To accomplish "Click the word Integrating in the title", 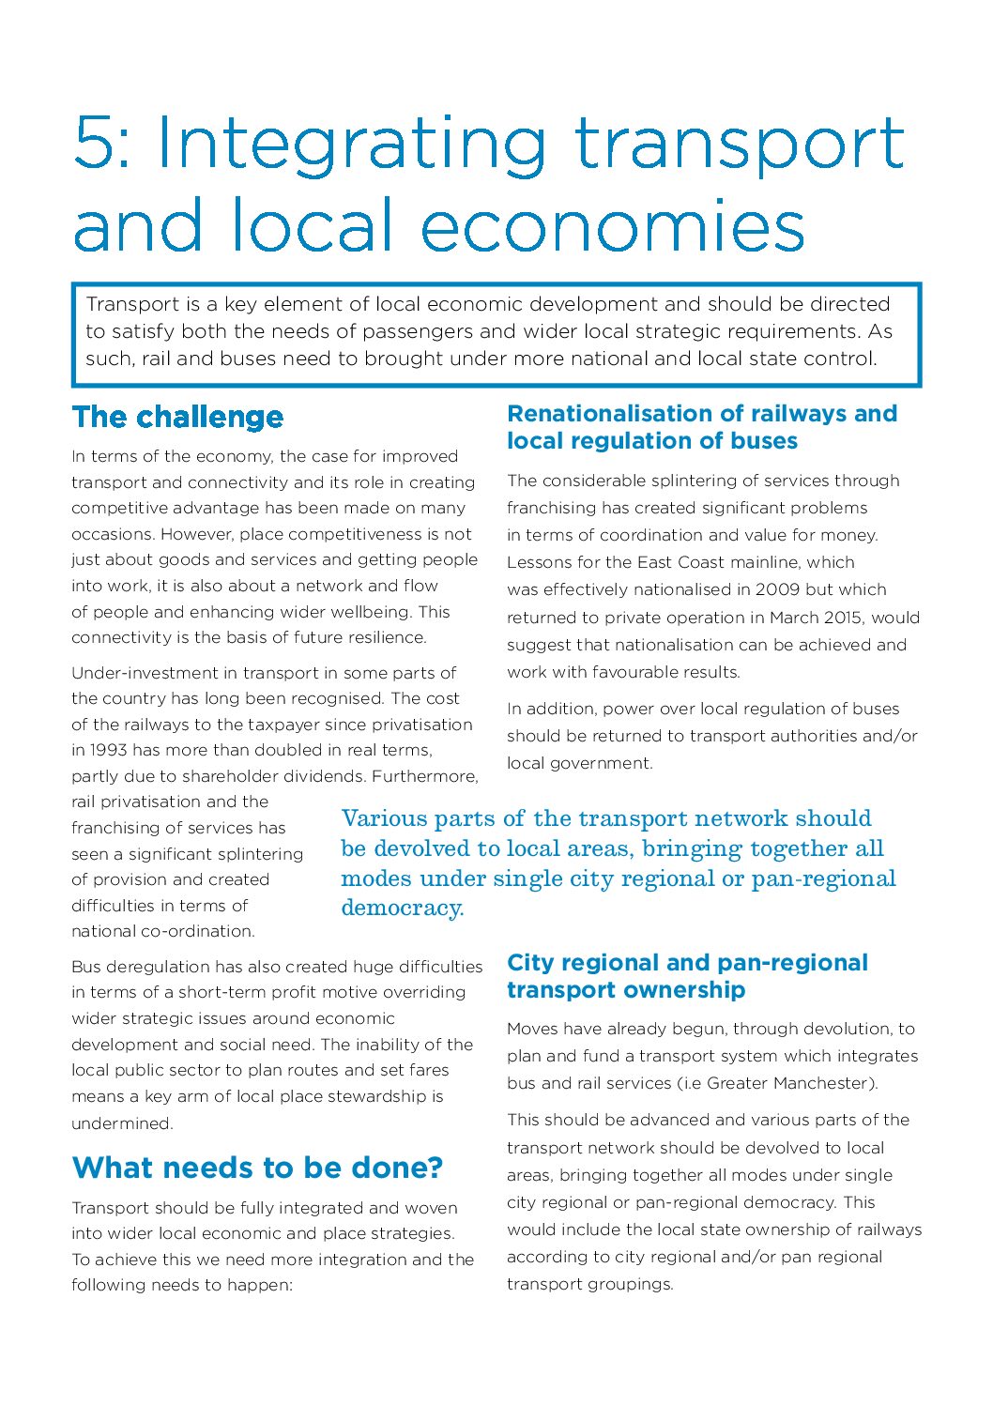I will point(350,145).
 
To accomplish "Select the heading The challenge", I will point(177,417).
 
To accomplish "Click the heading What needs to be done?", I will point(257,1168).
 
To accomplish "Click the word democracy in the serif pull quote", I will point(401,909).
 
